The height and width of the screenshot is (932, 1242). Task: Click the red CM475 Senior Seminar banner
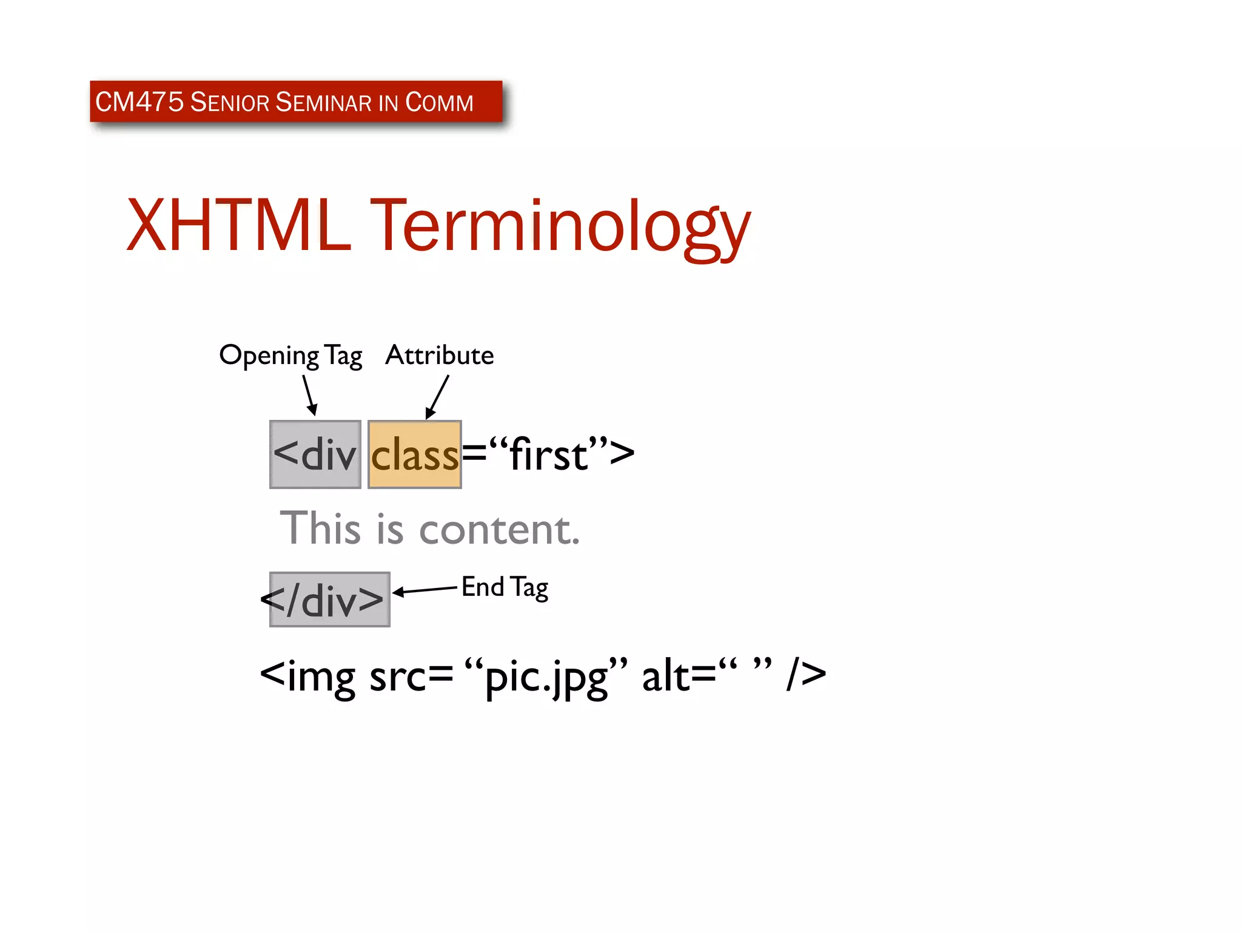coord(296,101)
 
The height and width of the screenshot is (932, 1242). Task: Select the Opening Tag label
coord(290,355)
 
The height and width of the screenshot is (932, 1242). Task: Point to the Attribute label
coord(440,355)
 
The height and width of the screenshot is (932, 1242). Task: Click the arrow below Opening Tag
coord(310,395)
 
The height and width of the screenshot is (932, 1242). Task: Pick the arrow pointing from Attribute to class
coord(437,397)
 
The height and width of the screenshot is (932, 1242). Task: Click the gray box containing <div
coord(315,454)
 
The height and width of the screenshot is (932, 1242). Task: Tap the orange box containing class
coord(415,454)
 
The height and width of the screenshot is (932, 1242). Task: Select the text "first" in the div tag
coord(548,454)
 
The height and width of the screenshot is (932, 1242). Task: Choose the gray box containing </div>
coord(329,599)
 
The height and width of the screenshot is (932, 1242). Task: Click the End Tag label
coord(505,587)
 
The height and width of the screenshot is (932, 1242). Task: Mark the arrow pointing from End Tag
coord(425,590)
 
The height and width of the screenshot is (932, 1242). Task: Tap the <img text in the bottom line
coord(307,676)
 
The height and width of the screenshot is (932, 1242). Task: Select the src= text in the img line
coord(411,676)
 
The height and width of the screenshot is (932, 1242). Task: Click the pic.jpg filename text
coord(546,677)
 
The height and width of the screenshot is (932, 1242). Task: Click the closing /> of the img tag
coord(806,675)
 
